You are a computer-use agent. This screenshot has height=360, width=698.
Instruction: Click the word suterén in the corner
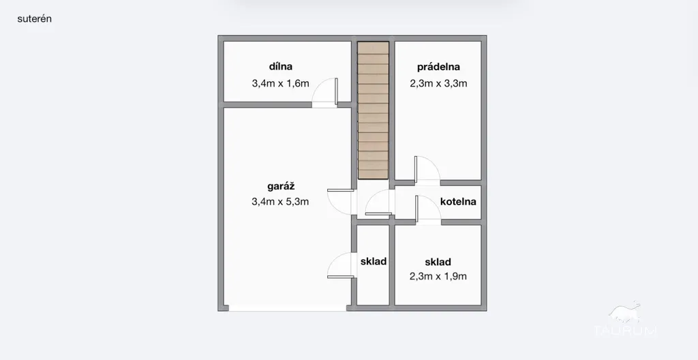point(34,18)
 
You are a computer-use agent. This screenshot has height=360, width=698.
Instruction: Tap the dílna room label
point(280,67)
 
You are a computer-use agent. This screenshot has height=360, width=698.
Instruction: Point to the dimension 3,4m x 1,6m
point(280,83)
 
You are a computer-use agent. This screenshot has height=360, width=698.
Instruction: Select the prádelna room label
point(438,67)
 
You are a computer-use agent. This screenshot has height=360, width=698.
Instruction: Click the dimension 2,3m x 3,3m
point(438,83)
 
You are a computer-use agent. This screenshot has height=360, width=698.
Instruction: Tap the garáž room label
point(281,187)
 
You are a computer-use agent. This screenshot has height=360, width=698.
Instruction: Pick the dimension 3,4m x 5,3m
point(280,202)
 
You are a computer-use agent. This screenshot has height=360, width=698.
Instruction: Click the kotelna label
point(458,201)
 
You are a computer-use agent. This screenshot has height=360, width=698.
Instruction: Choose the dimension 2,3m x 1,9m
point(438,276)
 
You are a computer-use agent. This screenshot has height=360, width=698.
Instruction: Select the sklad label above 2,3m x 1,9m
point(438,262)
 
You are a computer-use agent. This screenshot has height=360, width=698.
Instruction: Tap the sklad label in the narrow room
point(374,262)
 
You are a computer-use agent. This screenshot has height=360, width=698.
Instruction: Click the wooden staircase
point(374,110)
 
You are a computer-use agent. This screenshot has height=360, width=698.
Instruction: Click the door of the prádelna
point(427,170)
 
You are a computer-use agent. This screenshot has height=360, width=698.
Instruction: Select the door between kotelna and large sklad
point(428,209)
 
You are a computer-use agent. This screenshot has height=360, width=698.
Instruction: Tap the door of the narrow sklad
point(341,265)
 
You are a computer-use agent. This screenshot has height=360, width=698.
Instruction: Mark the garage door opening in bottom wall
point(287,308)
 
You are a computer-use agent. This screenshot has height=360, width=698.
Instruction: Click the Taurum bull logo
point(624,312)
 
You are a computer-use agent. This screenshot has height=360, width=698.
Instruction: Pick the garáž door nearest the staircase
point(341,202)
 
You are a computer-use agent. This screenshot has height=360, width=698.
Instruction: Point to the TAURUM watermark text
point(625,331)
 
